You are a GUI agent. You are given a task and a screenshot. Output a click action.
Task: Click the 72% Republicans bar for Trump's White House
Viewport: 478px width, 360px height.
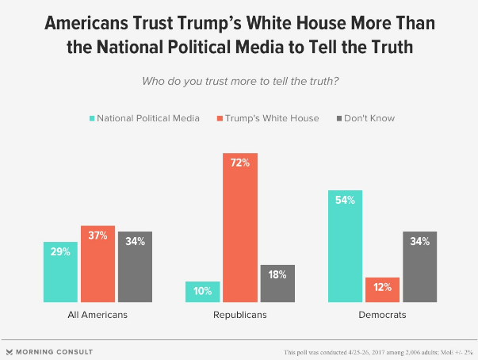pos(239,227)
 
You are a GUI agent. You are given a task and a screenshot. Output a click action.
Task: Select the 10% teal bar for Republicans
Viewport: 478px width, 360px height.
pos(202,291)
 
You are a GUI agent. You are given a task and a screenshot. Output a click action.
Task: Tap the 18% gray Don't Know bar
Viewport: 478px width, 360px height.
pos(277,283)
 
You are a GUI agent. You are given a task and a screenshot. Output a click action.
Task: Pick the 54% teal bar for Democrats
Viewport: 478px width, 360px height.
pos(346,246)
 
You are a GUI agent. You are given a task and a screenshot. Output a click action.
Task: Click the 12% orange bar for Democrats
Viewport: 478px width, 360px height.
pos(382,289)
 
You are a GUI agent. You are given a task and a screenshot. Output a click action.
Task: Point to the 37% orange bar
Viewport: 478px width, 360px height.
pos(97,263)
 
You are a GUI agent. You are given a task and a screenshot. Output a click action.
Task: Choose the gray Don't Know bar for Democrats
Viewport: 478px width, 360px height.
pos(419,266)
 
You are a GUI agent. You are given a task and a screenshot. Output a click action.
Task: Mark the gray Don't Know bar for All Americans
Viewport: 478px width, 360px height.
pos(134,266)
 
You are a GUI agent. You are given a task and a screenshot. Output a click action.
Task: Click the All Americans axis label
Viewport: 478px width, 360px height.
pos(97,315)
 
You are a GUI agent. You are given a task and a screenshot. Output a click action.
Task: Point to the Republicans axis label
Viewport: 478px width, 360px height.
pos(239,315)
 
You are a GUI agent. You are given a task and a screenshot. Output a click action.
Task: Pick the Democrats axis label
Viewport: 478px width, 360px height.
pos(382,315)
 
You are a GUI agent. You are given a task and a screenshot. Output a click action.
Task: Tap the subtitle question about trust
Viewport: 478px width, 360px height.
pos(238,80)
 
